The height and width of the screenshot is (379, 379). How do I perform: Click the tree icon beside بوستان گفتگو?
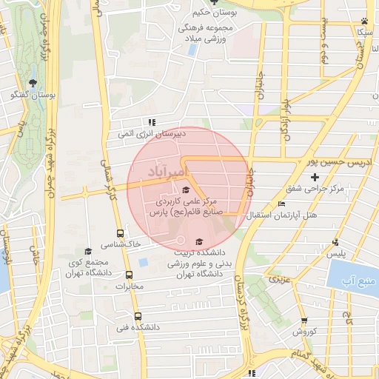31,83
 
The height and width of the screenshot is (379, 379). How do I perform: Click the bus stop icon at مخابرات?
130,276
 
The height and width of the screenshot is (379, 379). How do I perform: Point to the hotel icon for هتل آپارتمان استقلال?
281,204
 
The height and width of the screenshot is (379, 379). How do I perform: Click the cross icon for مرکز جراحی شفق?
315,177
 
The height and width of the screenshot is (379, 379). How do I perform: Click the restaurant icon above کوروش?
305,321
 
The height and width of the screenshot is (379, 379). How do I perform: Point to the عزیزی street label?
278,281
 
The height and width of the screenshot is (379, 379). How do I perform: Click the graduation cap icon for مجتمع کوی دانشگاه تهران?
88,251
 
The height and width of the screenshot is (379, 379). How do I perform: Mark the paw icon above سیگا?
364,21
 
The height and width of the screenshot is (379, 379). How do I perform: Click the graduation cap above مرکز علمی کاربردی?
185,189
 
